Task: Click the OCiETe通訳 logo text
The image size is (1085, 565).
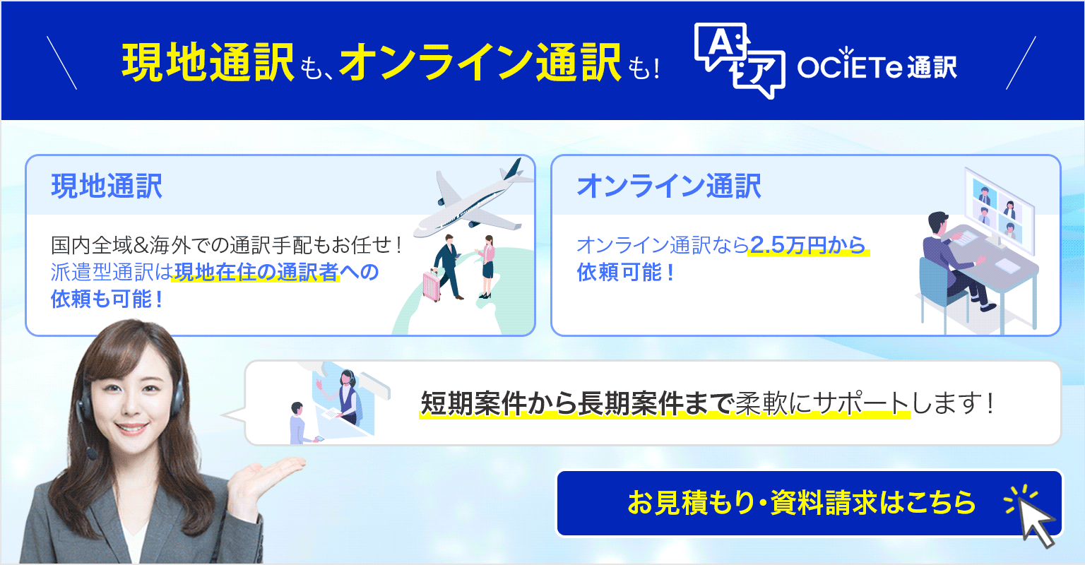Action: (x=877, y=66)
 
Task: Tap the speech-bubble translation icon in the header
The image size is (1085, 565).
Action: (x=739, y=60)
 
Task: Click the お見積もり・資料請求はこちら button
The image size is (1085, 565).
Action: (x=809, y=503)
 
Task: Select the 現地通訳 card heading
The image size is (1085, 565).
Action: (x=107, y=186)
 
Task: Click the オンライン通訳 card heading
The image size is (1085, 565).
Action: (x=669, y=186)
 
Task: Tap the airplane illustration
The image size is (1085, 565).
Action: (x=473, y=198)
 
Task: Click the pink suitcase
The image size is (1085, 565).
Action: (x=432, y=285)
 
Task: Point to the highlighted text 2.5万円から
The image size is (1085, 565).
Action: (x=807, y=245)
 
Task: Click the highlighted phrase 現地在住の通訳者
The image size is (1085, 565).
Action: (x=256, y=272)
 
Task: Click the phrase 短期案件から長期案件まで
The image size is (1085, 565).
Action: (x=576, y=403)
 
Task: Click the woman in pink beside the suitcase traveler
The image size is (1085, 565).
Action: (x=487, y=266)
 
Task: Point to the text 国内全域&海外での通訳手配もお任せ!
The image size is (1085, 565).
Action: (x=227, y=245)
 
